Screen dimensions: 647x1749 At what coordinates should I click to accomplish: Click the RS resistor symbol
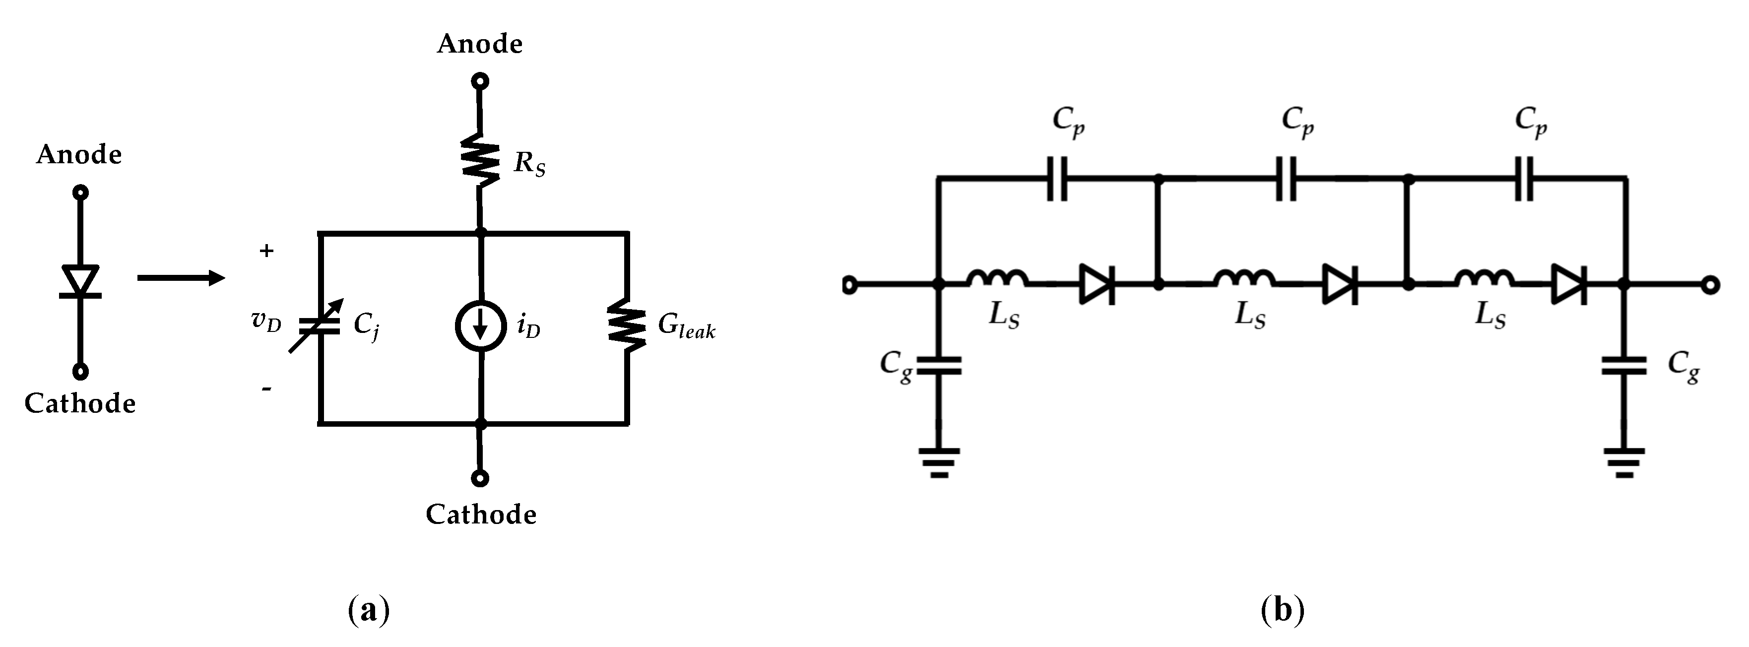click(480, 160)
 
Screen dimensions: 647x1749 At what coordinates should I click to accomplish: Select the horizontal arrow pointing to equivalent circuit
click(181, 278)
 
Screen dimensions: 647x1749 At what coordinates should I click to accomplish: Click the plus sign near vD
click(266, 251)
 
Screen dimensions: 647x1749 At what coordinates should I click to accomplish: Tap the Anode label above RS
click(479, 44)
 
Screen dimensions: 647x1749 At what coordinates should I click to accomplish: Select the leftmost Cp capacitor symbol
click(1056, 179)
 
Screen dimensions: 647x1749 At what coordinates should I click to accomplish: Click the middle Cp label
click(1297, 122)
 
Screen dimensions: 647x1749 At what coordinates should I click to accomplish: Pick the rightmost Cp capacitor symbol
click(1524, 179)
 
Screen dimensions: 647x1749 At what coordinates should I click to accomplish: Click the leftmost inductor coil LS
click(997, 278)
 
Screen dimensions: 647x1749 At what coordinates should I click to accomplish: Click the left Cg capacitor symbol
click(939, 365)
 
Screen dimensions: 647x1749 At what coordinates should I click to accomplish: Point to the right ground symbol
click(1624, 462)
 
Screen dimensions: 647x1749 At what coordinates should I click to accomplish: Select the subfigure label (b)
click(1282, 610)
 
